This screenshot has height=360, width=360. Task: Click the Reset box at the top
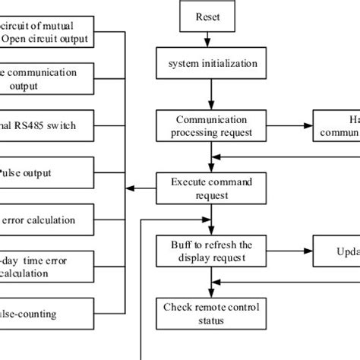coord(209,15)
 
